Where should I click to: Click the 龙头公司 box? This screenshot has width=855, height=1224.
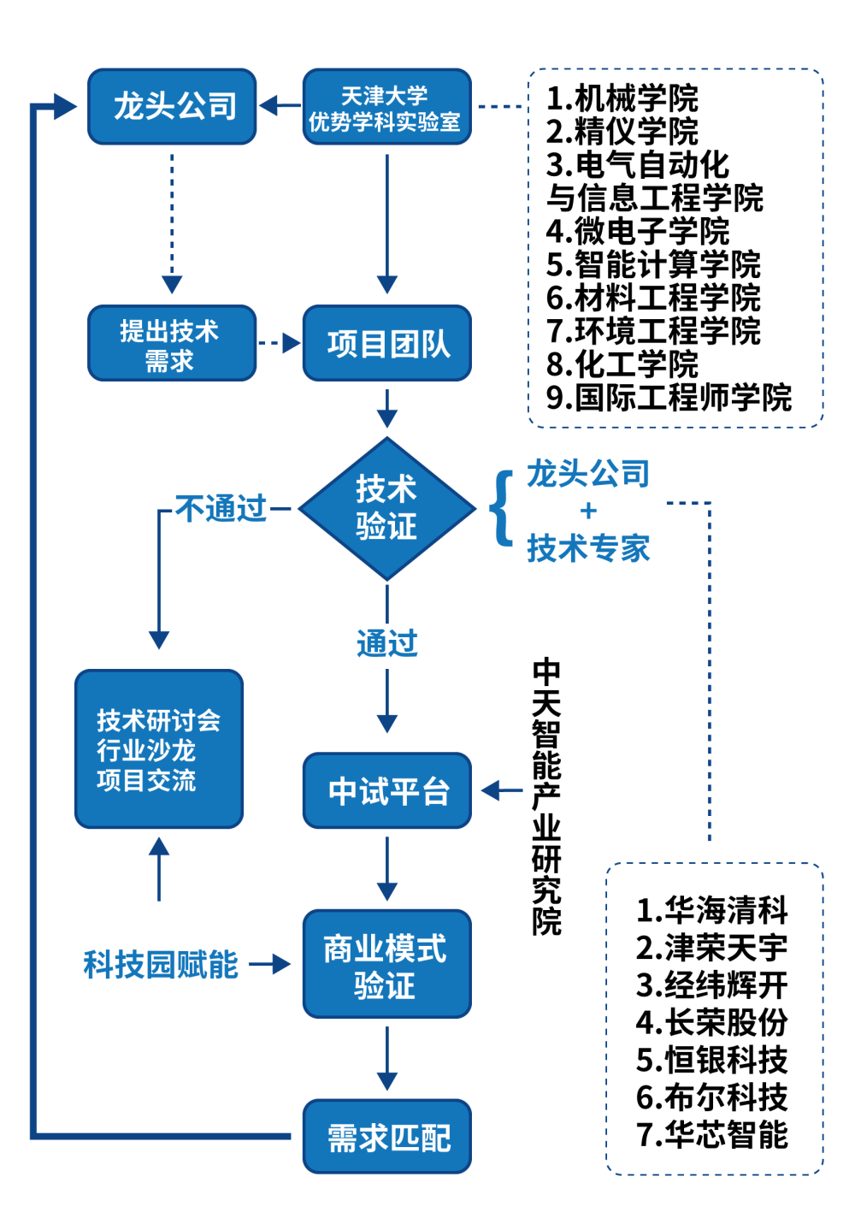pyautogui.click(x=172, y=106)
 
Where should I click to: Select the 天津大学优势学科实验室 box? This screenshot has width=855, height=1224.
pyautogui.click(x=386, y=107)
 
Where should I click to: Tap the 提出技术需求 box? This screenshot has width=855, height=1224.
pyautogui.click(x=172, y=343)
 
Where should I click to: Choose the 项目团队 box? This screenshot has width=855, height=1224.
pyautogui.click(x=386, y=343)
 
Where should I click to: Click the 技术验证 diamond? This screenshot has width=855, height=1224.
pyautogui.click(x=386, y=508)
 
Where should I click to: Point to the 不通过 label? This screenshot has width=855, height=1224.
pyautogui.click(x=221, y=509)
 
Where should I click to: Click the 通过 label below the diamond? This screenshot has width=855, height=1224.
pyautogui.click(x=386, y=643)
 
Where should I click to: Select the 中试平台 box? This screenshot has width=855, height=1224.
pyautogui.click(x=386, y=790)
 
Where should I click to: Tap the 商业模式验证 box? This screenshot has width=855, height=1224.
pyautogui.click(x=386, y=964)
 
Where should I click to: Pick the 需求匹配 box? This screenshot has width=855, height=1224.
pyautogui.click(x=386, y=1137)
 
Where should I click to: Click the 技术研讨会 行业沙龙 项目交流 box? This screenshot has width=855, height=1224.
pyautogui.click(x=159, y=749)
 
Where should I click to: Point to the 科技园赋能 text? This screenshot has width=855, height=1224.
pyautogui.click(x=160, y=965)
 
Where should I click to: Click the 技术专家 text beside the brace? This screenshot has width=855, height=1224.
pyautogui.click(x=588, y=548)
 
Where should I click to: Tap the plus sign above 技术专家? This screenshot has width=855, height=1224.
pyautogui.click(x=588, y=511)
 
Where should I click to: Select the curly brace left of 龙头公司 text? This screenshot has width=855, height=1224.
pyautogui.click(x=502, y=508)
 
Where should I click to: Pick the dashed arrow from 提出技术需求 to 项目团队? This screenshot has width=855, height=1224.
pyautogui.click(x=279, y=343)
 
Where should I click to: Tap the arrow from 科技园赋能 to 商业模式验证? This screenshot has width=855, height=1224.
pyautogui.click(x=270, y=965)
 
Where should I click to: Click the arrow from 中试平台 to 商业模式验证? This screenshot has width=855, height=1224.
pyautogui.click(x=386, y=868)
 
